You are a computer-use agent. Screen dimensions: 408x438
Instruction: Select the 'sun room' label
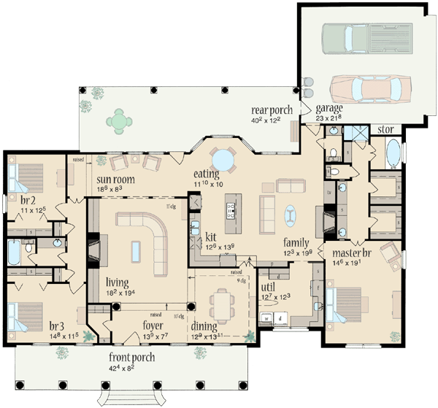tap(115, 178)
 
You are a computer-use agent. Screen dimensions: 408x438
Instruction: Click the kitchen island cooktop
tap(232, 210)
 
